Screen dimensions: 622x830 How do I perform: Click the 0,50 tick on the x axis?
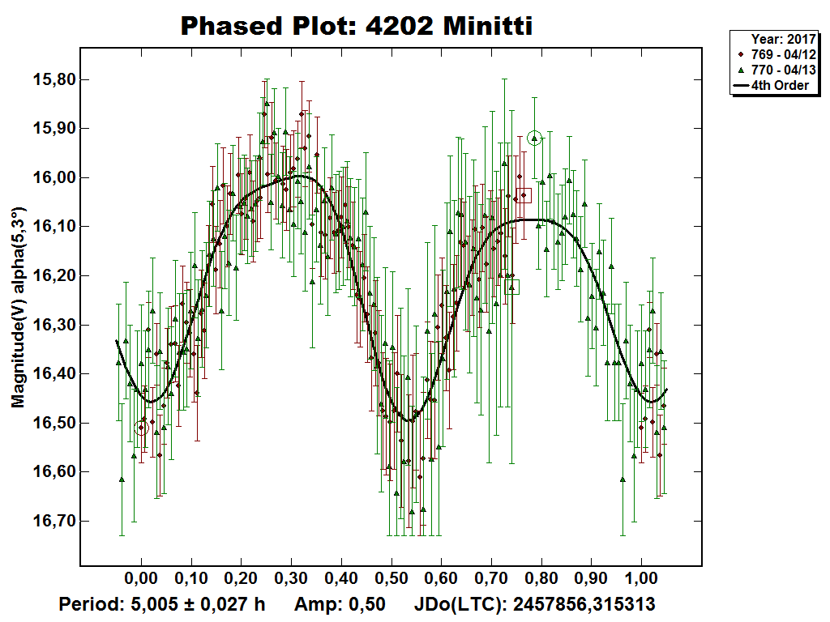[x=391, y=580]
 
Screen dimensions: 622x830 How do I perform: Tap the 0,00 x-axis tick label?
[x=141, y=580]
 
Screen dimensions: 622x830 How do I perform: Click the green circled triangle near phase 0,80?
[x=534, y=138]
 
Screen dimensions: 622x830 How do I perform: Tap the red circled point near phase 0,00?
[x=142, y=428]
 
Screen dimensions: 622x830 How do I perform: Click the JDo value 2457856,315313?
[x=584, y=604]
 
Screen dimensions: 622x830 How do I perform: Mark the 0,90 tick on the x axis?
[x=592, y=580]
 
